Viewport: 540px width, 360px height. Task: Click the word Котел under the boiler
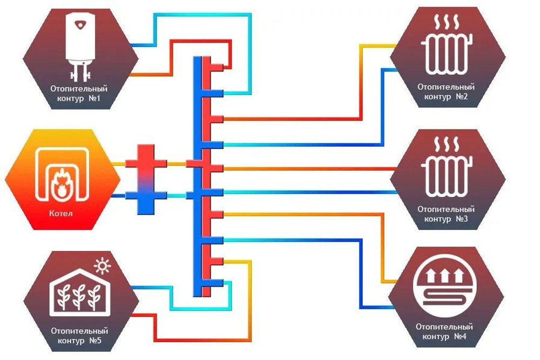(61, 213)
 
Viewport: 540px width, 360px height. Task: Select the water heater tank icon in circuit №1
(80, 45)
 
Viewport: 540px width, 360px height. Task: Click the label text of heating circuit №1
(79, 93)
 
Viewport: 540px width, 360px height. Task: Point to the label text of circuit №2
(446, 92)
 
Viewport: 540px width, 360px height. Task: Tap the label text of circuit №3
(446, 214)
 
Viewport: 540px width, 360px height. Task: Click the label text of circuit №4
(444, 331)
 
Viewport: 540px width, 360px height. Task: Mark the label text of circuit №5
(79, 336)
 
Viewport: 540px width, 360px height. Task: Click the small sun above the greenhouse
(102, 266)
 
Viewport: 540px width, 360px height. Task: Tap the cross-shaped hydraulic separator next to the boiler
(146, 179)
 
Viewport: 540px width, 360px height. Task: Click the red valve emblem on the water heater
(80, 25)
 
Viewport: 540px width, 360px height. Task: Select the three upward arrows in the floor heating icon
(444, 275)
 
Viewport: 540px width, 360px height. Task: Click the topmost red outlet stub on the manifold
(217, 67)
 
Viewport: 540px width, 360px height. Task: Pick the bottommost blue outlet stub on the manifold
(217, 283)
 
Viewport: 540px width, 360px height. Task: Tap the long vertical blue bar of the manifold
(197, 176)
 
